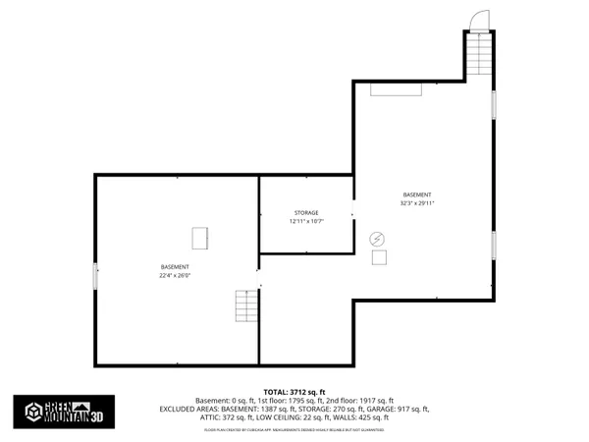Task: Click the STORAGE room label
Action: point(305,213)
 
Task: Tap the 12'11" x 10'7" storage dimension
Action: point(305,222)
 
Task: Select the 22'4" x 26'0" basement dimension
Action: point(175,276)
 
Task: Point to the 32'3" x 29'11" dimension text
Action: point(417,203)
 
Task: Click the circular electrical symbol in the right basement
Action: point(378,238)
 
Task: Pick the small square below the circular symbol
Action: point(379,256)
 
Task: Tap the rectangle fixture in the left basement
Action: point(200,238)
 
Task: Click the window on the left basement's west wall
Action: point(95,276)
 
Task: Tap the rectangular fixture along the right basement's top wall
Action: point(396,89)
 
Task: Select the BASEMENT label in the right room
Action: point(417,194)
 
